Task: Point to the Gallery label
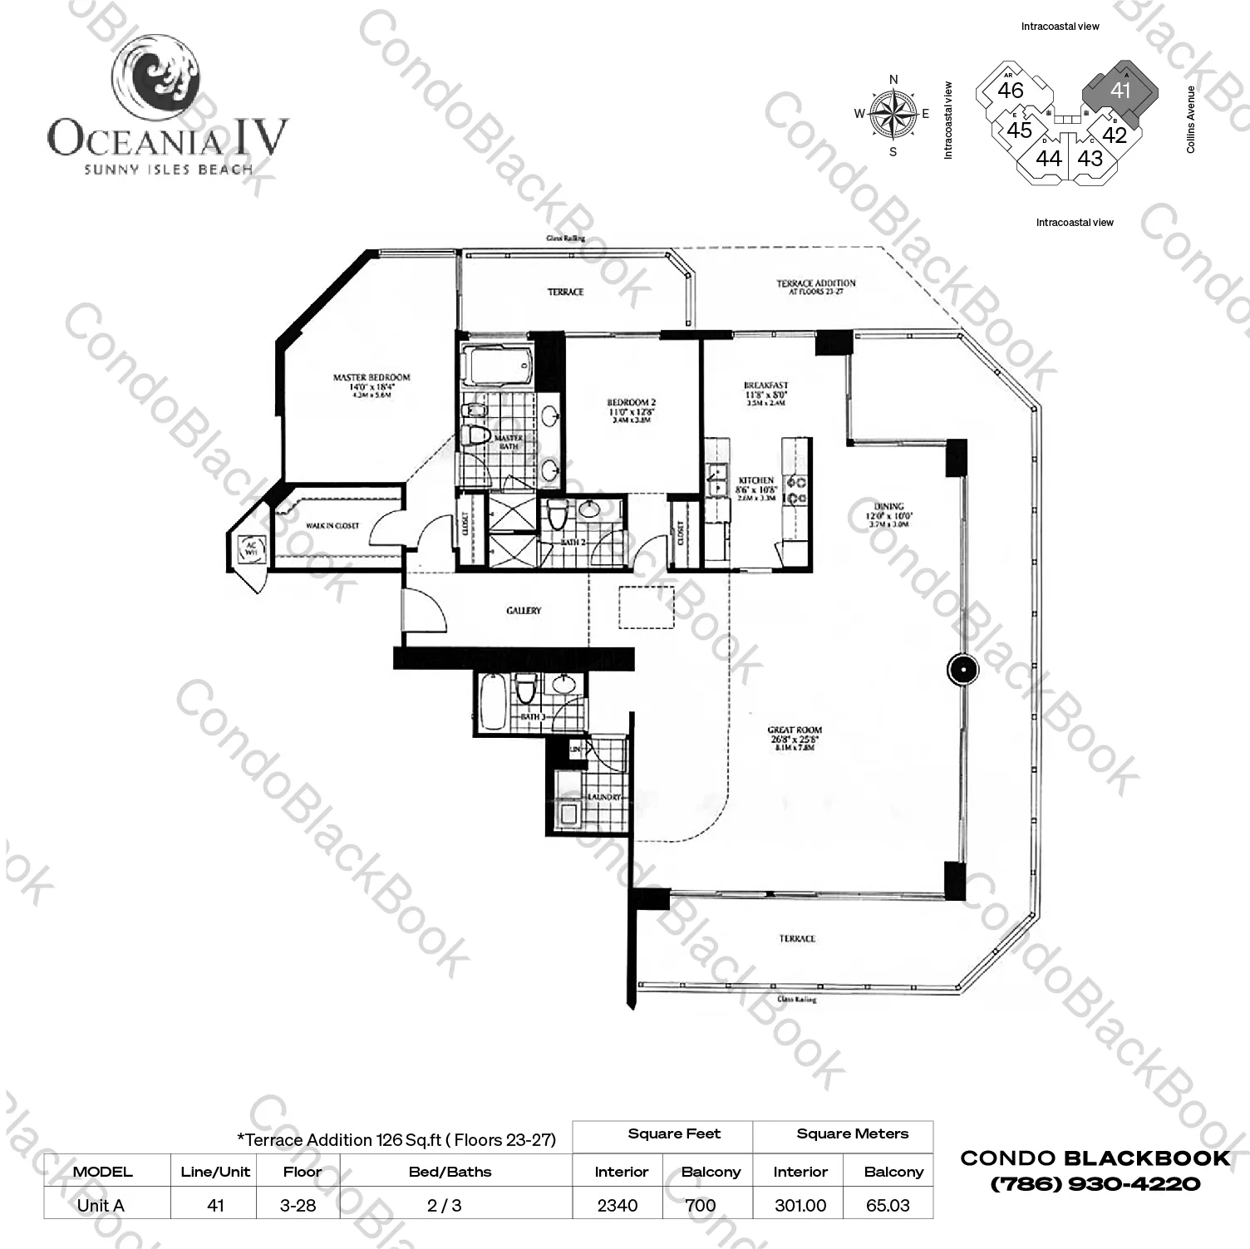pos(524,611)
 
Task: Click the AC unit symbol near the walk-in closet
pos(250,548)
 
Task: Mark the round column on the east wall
pos(962,669)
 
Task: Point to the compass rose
pos(893,115)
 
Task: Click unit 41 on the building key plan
pos(1120,90)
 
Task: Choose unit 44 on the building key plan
pos(1048,158)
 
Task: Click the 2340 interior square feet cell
pos(618,1205)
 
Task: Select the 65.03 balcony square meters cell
pos(887,1205)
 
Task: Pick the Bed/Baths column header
pos(450,1172)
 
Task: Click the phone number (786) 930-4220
pos(1095,1183)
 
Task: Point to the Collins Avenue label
pos(1190,119)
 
